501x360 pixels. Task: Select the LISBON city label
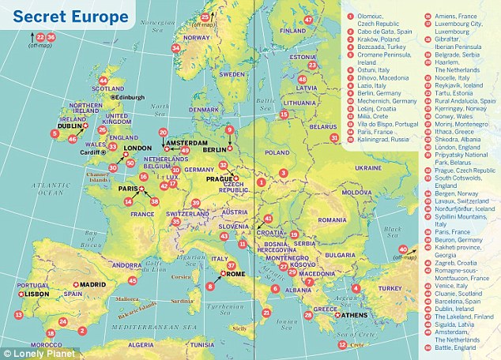(28, 293)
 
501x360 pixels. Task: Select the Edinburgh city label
(130, 97)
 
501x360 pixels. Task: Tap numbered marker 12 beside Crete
(342, 344)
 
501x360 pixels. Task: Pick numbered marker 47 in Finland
(308, 19)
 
